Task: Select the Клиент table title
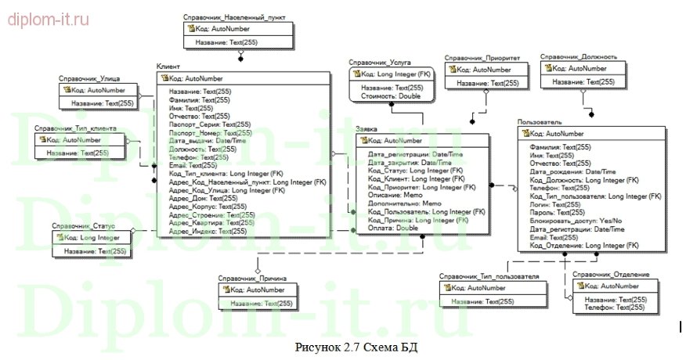click(x=170, y=67)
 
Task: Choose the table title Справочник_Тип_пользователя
click(x=489, y=276)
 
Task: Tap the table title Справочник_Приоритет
click(x=480, y=57)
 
